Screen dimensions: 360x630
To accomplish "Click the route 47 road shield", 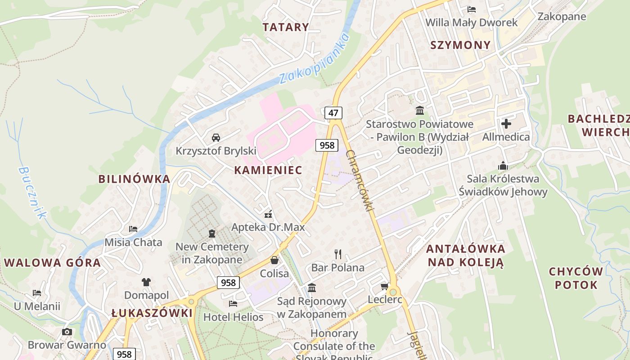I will [333, 112].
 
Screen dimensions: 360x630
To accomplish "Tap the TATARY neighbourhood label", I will [286, 27].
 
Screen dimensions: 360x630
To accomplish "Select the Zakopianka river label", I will [315, 58].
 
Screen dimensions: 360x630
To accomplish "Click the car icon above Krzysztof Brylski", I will [216, 137].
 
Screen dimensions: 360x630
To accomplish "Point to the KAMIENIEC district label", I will [268, 170].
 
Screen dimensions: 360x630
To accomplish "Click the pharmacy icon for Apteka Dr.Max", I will [268, 214].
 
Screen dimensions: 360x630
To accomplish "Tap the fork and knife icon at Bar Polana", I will [338, 254].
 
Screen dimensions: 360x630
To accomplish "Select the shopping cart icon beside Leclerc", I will [385, 287].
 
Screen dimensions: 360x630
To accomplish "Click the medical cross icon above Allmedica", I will [506, 123].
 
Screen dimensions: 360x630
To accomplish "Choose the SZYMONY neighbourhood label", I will [460, 45].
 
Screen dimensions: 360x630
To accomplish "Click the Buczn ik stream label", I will [32, 193].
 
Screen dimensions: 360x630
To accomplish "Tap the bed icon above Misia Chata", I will [133, 229].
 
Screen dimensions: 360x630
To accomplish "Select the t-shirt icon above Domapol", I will [146, 282].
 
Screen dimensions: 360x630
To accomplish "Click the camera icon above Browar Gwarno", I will [67, 332].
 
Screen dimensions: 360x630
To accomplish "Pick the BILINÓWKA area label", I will [134, 179].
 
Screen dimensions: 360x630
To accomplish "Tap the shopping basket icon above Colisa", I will [274, 260].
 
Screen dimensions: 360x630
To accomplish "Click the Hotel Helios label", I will [233, 317].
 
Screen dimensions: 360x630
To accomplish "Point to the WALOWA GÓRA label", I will [52, 263].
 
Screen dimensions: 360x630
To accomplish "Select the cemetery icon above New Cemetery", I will [212, 234].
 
